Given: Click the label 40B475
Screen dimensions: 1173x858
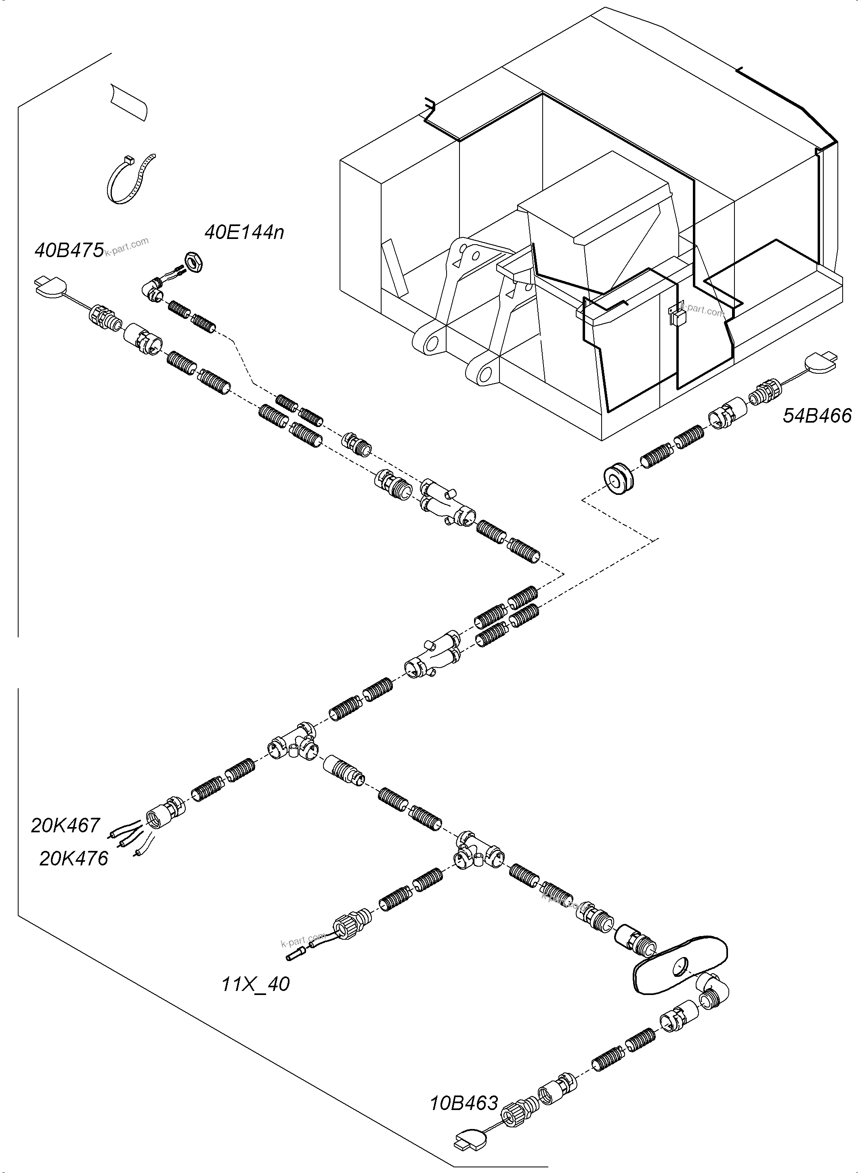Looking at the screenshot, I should [69, 250].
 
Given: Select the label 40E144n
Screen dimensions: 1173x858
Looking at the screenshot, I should [244, 232].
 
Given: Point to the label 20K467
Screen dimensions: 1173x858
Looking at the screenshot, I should [65, 825].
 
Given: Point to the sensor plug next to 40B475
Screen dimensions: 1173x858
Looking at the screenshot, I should [51, 286].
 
